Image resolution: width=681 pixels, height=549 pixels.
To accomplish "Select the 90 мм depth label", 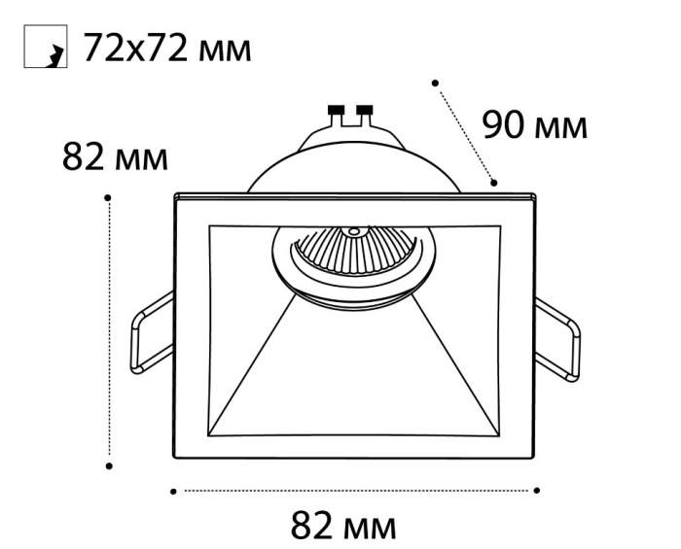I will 535,125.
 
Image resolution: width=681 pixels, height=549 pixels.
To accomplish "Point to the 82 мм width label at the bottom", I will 343,527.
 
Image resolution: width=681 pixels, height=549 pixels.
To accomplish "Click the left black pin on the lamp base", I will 337,110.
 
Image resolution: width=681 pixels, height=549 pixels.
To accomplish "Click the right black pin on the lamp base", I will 366,110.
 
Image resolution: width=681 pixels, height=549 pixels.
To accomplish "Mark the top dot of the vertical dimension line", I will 110,197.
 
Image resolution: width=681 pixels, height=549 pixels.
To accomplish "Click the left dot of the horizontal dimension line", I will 174,491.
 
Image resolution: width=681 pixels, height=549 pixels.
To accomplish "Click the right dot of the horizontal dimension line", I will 538,491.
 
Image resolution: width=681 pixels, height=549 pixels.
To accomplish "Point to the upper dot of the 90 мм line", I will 435,83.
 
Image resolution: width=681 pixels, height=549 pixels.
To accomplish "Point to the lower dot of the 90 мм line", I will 494,182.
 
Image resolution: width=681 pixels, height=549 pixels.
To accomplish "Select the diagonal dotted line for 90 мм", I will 465,132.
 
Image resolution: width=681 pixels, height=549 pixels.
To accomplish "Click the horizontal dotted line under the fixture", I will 356,491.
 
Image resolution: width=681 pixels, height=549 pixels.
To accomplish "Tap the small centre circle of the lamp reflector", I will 354,232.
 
